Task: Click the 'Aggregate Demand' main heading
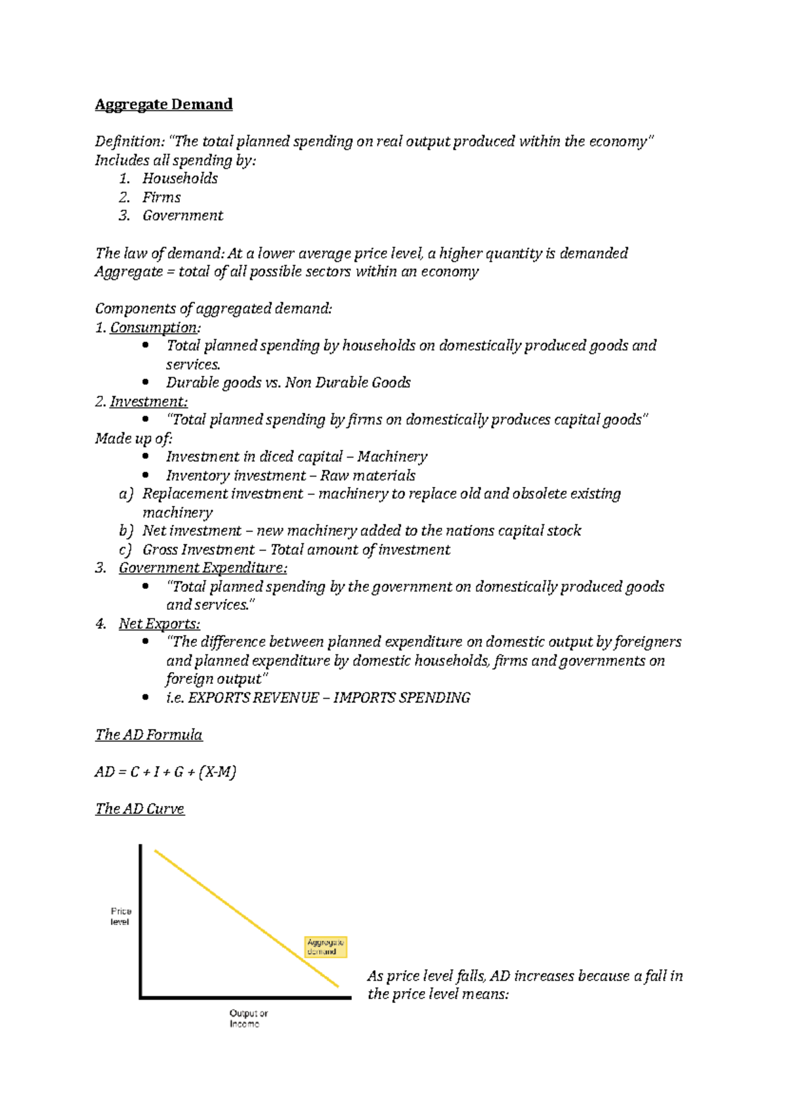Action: pos(164,105)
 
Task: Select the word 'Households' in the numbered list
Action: pos(180,178)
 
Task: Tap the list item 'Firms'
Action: pos(162,197)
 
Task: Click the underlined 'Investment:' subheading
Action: pos(148,401)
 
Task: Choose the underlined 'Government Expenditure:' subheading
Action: pos(203,568)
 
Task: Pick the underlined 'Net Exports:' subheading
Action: pos(159,624)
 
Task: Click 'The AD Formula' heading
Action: pos(148,735)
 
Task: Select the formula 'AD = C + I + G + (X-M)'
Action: pos(166,772)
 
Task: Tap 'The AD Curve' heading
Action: pos(139,809)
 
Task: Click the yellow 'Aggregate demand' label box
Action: pos(326,947)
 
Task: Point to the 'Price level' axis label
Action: pos(120,917)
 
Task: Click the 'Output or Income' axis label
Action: pos(248,1018)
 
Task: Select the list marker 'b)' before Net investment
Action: pos(126,531)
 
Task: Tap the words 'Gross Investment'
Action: pos(198,550)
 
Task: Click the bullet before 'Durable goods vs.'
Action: pos(145,382)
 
